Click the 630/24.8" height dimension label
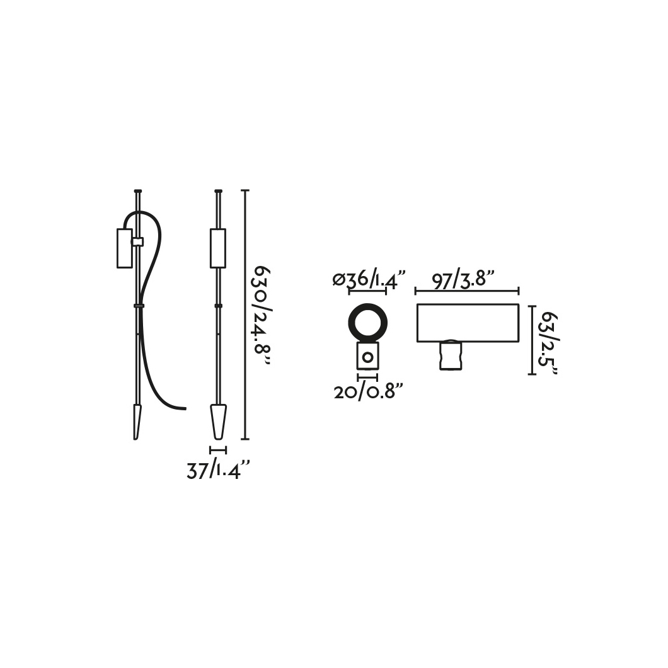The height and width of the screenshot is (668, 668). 262,316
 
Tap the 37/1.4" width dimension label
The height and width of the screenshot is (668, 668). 217,470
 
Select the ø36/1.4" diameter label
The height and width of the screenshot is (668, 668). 367,279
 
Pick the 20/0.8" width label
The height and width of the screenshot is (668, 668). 368,391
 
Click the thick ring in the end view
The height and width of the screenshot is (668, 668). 367,321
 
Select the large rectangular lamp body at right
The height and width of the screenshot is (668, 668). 468,323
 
